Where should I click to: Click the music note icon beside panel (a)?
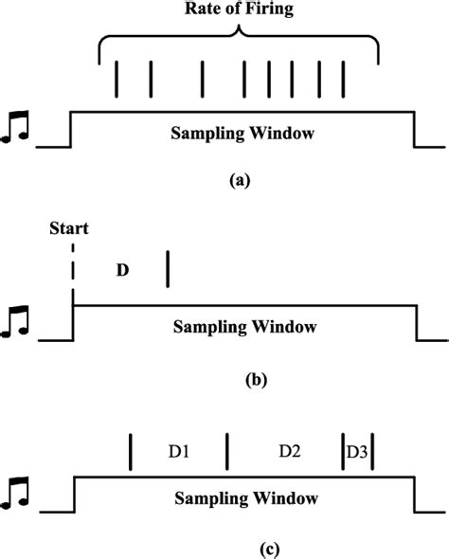[x=17, y=129]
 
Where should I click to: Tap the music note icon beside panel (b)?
[x=17, y=321]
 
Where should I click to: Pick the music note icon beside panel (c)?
[x=17, y=492]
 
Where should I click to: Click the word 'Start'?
[x=71, y=229]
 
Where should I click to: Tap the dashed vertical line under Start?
[x=72, y=272]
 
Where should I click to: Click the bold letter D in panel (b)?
[x=121, y=269]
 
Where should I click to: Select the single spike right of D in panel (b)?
[x=167, y=267]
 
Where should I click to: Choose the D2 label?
[x=289, y=452]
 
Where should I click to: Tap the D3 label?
[x=357, y=452]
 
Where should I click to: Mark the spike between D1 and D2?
[x=227, y=452]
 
